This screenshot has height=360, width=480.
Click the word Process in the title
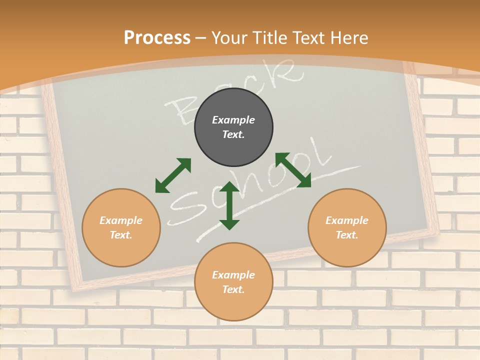click(x=157, y=38)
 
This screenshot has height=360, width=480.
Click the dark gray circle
click(x=233, y=127)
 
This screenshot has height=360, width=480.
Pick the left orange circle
click(x=121, y=227)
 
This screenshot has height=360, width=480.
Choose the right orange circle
click(x=347, y=227)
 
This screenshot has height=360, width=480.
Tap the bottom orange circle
click(x=233, y=281)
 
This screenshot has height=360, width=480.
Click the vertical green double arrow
click(x=229, y=205)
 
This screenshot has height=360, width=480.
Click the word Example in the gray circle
click(x=233, y=120)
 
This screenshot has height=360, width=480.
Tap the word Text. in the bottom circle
click(x=233, y=289)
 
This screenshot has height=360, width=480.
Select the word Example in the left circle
click(x=121, y=220)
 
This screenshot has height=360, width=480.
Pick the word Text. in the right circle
click(x=347, y=235)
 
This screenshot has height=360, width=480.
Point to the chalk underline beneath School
click(x=280, y=197)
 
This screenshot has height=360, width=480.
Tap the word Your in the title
click(x=229, y=38)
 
